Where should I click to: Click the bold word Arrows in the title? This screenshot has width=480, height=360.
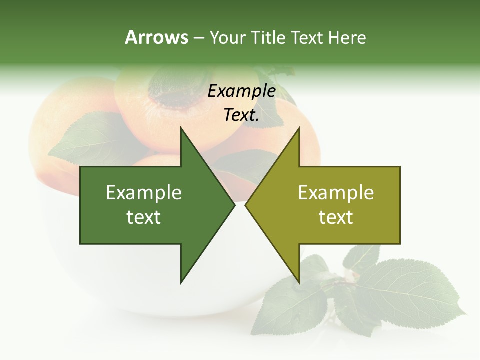156,37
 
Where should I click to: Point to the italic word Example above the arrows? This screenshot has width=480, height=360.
241,91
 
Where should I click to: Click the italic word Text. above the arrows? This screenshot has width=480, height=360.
241,115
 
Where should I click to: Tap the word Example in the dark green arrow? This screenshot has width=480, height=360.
144,193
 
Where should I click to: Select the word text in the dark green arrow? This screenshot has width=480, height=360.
144,217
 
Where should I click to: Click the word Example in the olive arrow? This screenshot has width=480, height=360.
336,193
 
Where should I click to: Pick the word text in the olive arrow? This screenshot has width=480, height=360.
336,217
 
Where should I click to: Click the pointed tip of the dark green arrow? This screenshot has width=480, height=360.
234,205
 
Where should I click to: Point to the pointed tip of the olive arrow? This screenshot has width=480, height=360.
246,205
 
